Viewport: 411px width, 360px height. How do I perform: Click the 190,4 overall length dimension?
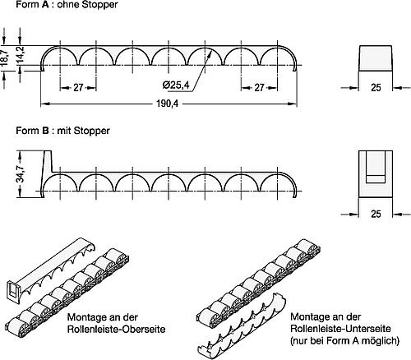167,104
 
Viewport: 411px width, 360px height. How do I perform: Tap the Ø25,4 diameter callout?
176,85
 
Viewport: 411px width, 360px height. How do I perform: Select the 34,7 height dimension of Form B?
21,174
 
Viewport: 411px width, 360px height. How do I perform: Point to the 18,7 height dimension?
5,58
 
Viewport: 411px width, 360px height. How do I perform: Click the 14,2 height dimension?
21,55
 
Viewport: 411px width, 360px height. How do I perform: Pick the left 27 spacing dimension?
78,88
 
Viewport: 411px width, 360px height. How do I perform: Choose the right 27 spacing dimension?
259,88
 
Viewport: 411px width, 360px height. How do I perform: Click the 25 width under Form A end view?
376,87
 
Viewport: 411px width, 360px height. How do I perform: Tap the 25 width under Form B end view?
376,214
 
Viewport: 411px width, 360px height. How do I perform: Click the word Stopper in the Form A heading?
101,5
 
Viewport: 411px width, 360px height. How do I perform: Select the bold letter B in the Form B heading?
45,131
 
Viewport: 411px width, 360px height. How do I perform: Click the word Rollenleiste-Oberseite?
117,329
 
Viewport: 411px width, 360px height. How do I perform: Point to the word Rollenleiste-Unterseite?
340,329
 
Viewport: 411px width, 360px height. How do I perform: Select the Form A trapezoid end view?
376,58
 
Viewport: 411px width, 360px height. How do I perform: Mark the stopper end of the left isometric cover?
13,293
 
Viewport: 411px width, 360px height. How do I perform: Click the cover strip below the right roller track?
242,326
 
